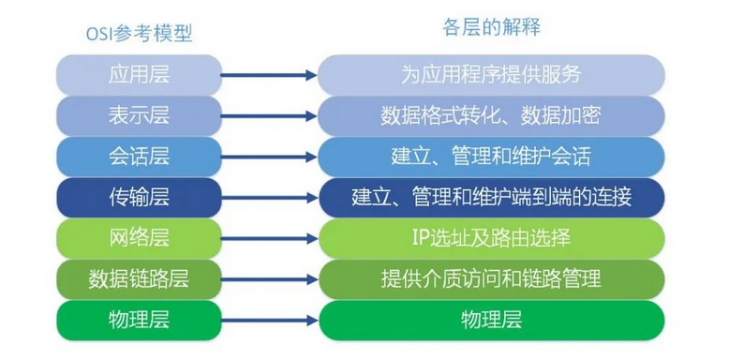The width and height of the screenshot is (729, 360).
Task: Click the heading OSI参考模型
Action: (x=140, y=33)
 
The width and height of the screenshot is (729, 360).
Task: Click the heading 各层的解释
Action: (x=492, y=27)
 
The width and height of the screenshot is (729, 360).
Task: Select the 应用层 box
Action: (x=140, y=74)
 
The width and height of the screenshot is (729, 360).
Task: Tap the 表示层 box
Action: (x=140, y=115)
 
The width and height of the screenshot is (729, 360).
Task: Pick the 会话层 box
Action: (x=140, y=156)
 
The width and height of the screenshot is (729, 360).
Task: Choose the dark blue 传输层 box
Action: (x=140, y=197)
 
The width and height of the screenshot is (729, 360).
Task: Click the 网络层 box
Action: (x=140, y=238)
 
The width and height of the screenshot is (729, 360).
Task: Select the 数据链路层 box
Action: (x=140, y=279)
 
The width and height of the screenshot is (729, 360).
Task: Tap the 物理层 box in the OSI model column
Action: (x=140, y=320)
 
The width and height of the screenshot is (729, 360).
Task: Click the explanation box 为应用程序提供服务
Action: (x=491, y=74)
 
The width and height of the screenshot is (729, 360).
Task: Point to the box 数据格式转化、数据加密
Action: (x=491, y=115)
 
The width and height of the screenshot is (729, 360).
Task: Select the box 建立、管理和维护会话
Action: (x=491, y=156)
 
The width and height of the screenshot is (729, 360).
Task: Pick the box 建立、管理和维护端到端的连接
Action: (x=491, y=197)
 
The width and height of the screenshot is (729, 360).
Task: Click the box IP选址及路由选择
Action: (x=491, y=238)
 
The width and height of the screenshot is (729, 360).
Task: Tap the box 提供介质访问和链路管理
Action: (x=491, y=279)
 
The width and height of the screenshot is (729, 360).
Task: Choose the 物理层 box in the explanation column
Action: (x=491, y=320)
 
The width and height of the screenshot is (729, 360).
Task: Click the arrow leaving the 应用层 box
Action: (x=270, y=74)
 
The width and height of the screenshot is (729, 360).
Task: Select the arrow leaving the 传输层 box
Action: (x=270, y=197)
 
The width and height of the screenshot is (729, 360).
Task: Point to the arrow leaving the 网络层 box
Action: (x=270, y=238)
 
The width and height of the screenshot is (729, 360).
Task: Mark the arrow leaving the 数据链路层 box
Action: (x=270, y=279)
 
